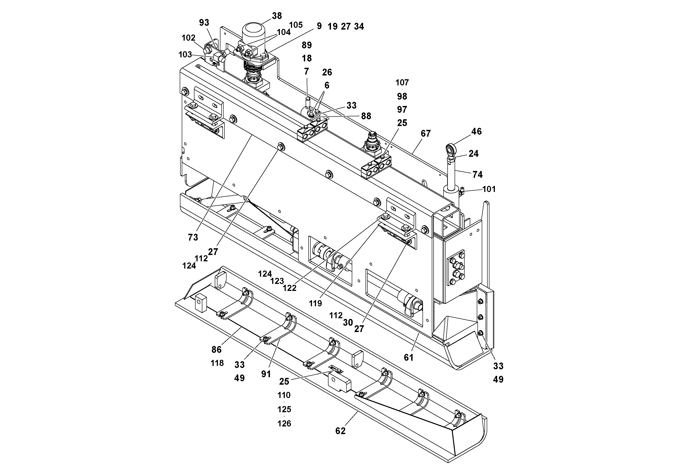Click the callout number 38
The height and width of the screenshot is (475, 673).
(x=277, y=16)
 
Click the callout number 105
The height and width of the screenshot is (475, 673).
(x=295, y=25)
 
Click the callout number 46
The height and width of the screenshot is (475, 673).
(x=476, y=131)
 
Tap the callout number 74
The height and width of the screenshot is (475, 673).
(x=477, y=175)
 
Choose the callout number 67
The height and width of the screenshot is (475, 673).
(x=426, y=133)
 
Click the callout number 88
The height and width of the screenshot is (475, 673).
(x=366, y=116)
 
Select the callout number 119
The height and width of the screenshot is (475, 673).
(x=315, y=303)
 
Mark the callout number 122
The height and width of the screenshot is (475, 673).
(x=290, y=288)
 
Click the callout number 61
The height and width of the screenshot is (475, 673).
(x=408, y=358)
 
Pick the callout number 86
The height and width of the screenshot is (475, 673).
(x=216, y=349)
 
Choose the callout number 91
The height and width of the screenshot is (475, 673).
(x=266, y=374)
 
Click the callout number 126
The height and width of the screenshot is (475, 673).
(x=284, y=424)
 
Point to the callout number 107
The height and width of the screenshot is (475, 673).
(x=402, y=83)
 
